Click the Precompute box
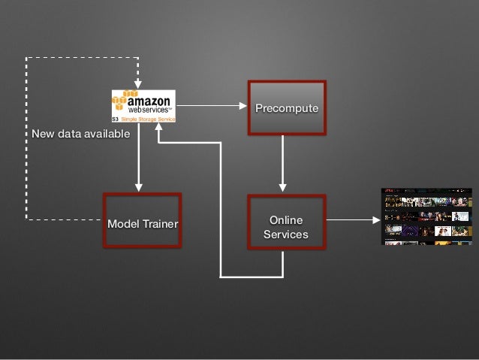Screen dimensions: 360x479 click(x=287, y=108)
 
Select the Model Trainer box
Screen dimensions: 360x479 click(x=143, y=220)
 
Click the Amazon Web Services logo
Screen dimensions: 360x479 click(x=143, y=106)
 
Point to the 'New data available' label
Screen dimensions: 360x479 click(x=81, y=134)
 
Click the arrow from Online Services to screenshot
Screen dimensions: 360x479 click(x=353, y=219)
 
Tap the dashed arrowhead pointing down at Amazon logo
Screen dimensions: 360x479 click(x=138, y=82)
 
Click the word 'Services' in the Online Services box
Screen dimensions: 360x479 click(x=286, y=234)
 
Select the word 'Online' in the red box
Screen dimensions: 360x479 click(x=286, y=219)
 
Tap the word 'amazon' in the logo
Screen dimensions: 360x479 click(x=149, y=100)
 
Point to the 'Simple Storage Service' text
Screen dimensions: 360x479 click(x=148, y=119)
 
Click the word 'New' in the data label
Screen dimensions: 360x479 click(x=43, y=134)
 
